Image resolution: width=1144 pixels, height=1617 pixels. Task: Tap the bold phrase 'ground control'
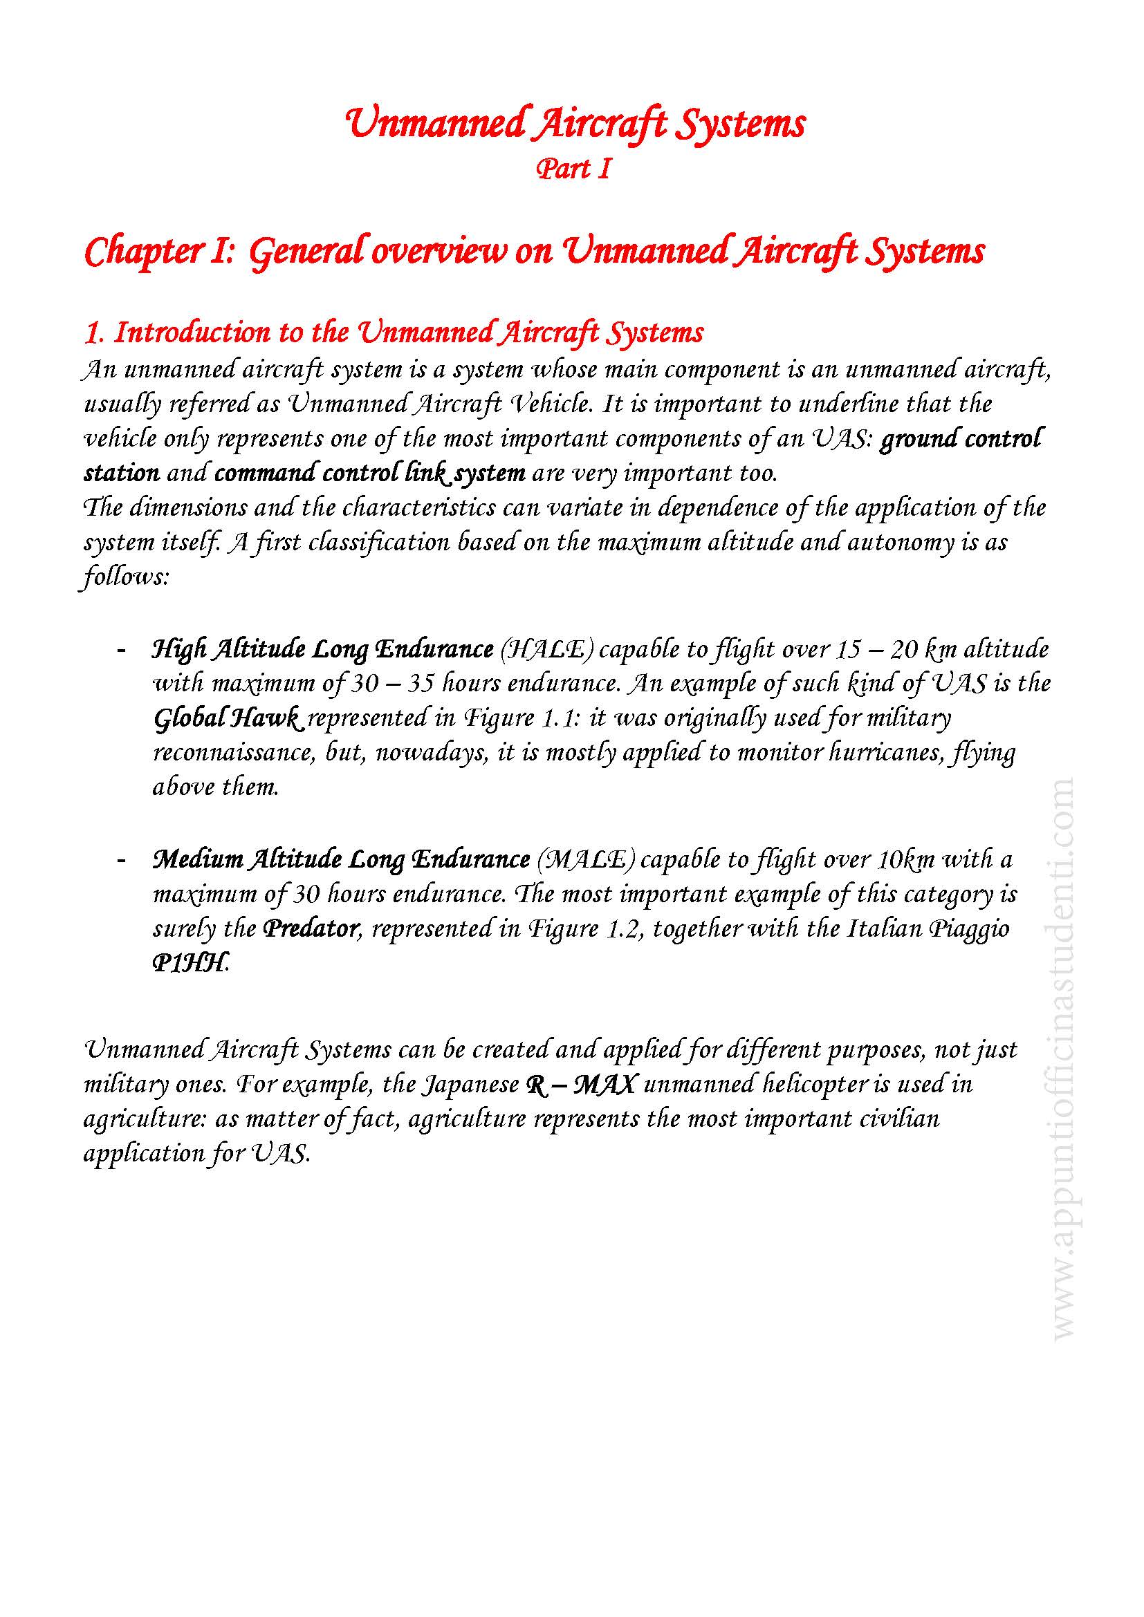pyautogui.click(x=961, y=438)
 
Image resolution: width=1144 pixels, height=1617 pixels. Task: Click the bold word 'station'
pyautogui.click(x=121, y=473)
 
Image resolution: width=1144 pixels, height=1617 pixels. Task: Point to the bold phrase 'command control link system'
pyautogui.click(x=369, y=473)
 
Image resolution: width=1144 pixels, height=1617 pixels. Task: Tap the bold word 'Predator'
pyautogui.click(x=309, y=929)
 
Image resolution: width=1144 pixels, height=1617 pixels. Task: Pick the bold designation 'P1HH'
pyautogui.click(x=190, y=964)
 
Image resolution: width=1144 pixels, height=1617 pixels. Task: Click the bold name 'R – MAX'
pyautogui.click(x=581, y=1084)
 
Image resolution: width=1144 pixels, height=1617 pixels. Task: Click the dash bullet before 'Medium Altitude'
pyautogui.click(x=121, y=859)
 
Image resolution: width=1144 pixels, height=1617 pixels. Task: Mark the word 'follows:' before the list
pyautogui.click(x=124, y=577)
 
